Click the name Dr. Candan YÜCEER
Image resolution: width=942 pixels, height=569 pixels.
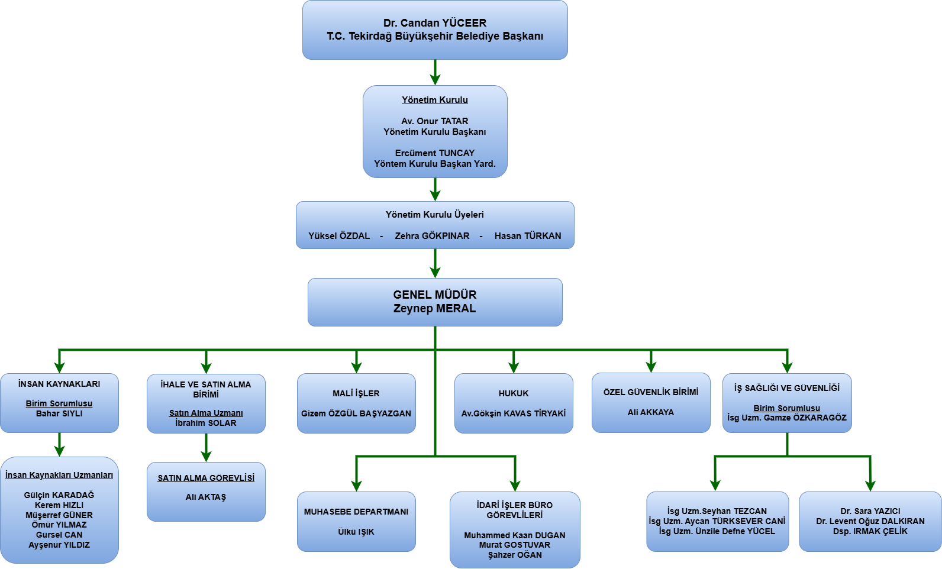[435, 23]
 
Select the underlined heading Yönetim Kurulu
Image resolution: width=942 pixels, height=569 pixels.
[435, 100]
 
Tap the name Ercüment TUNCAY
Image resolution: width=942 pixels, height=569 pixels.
[435, 153]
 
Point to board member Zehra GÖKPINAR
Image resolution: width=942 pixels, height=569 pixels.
[432, 236]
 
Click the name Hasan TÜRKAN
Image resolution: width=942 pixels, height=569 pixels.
[528, 236]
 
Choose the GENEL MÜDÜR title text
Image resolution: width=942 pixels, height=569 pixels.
[435, 295]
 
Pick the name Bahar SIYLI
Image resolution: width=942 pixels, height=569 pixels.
[59, 413]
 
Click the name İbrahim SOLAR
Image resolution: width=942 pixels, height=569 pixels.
[206, 423]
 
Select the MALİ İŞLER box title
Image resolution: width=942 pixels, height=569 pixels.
[356, 393]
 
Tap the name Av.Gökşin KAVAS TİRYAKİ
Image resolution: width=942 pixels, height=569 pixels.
[514, 413]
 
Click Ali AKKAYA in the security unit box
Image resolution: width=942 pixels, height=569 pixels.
[651, 412]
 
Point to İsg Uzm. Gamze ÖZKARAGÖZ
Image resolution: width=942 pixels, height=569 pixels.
[787, 418]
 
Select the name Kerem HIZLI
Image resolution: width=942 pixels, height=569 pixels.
[59, 505]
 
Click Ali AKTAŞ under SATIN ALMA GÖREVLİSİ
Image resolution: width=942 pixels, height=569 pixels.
[206, 497]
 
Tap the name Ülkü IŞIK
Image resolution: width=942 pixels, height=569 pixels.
[356, 532]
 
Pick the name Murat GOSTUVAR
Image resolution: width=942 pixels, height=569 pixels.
[515, 545]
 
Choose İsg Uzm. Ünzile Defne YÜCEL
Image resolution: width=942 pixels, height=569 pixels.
[717, 531]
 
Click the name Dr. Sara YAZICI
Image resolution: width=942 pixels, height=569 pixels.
[870, 511]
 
